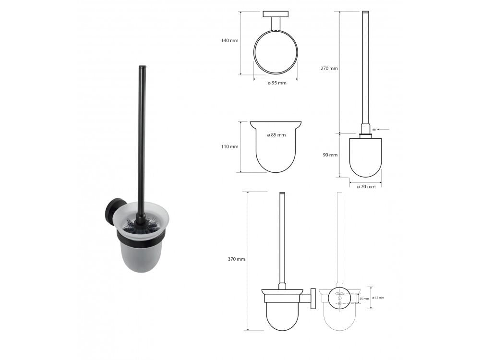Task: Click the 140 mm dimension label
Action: (229, 40)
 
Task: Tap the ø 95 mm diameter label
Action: (277, 83)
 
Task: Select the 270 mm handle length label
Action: (329, 68)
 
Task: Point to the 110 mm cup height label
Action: (229, 146)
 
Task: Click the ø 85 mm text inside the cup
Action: (276, 135)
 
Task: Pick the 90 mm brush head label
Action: (330, 155)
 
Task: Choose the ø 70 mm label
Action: (366, 187)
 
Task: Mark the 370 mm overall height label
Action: (236, 259)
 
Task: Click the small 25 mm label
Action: (364, 299)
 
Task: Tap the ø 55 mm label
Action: (378, 298)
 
